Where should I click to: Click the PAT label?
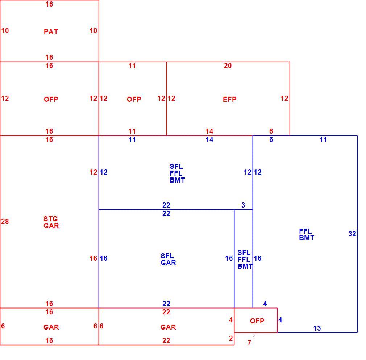point(51,32)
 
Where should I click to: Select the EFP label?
point(229,99)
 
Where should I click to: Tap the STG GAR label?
point(51,222)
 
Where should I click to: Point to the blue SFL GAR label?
point(168,259)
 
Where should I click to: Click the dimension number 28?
point(5,221)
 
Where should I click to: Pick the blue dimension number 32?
point(352,234)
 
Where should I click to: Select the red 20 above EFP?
point(228,66)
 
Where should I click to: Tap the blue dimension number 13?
point(317,328)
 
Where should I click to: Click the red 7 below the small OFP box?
point(249,343)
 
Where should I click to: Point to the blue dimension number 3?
point(243,205)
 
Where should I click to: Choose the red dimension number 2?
point(231,338)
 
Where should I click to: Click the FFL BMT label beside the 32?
point(307,234)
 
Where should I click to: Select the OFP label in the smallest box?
point(257,321)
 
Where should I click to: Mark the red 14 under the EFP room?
point(209,131)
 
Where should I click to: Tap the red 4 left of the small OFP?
point(231,320)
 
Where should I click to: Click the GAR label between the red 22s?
point(168,327)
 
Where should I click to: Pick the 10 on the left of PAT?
point(5,30)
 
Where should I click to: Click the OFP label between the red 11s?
point(134,99)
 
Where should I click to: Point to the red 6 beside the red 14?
point(271,131)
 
